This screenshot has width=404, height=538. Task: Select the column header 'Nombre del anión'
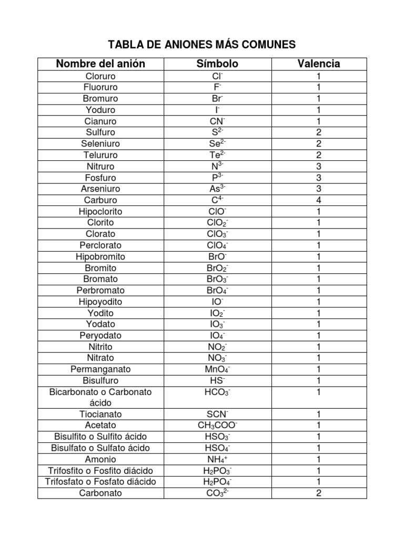[100, 64]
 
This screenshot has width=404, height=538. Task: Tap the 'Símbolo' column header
[217, 64]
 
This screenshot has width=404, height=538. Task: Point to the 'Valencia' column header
[318, 64]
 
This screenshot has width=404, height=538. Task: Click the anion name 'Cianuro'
[100, 121]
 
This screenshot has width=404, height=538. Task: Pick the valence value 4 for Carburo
[318, 200]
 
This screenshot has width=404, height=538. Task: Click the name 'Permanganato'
[100, 369]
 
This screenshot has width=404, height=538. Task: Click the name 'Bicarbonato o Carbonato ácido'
[100, 397]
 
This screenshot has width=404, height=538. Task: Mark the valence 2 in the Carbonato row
[318, 493]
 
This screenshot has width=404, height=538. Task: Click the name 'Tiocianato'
[100, 414]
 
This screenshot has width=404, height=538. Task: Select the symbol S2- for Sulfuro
[217, 132]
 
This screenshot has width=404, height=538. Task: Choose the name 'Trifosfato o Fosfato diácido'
[100, 482]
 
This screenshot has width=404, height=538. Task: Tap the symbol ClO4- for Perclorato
[217, 245]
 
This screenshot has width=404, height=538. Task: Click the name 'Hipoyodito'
[100, 302]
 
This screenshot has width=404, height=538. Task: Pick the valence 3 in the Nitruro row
[318, 166]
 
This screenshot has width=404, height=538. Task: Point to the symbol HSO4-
[217, 448]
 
